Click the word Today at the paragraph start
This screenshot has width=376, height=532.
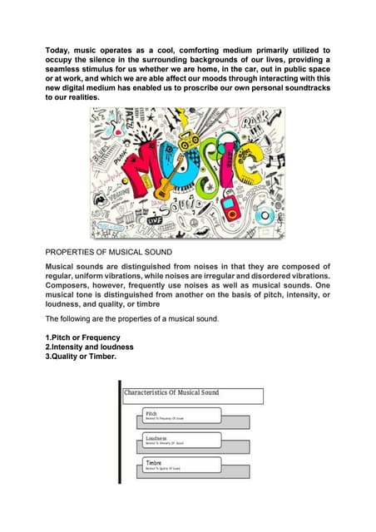coord(58,51)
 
